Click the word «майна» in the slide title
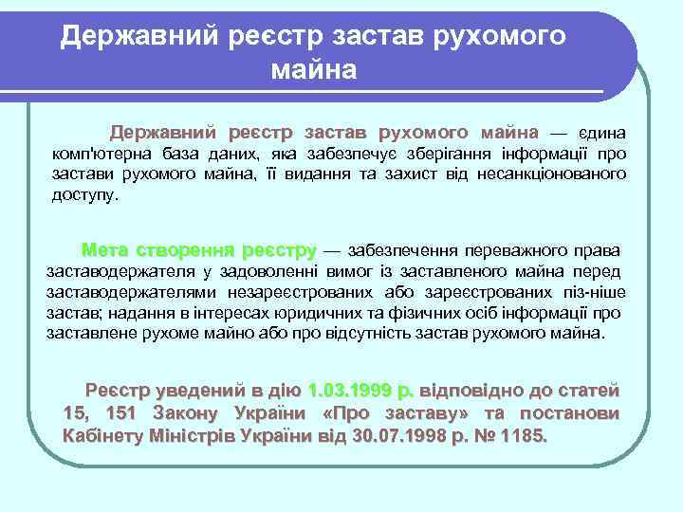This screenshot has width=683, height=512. (x=313, y=69)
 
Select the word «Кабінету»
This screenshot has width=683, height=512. (x=101, y=437)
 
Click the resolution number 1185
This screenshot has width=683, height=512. (x=526, y=437)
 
